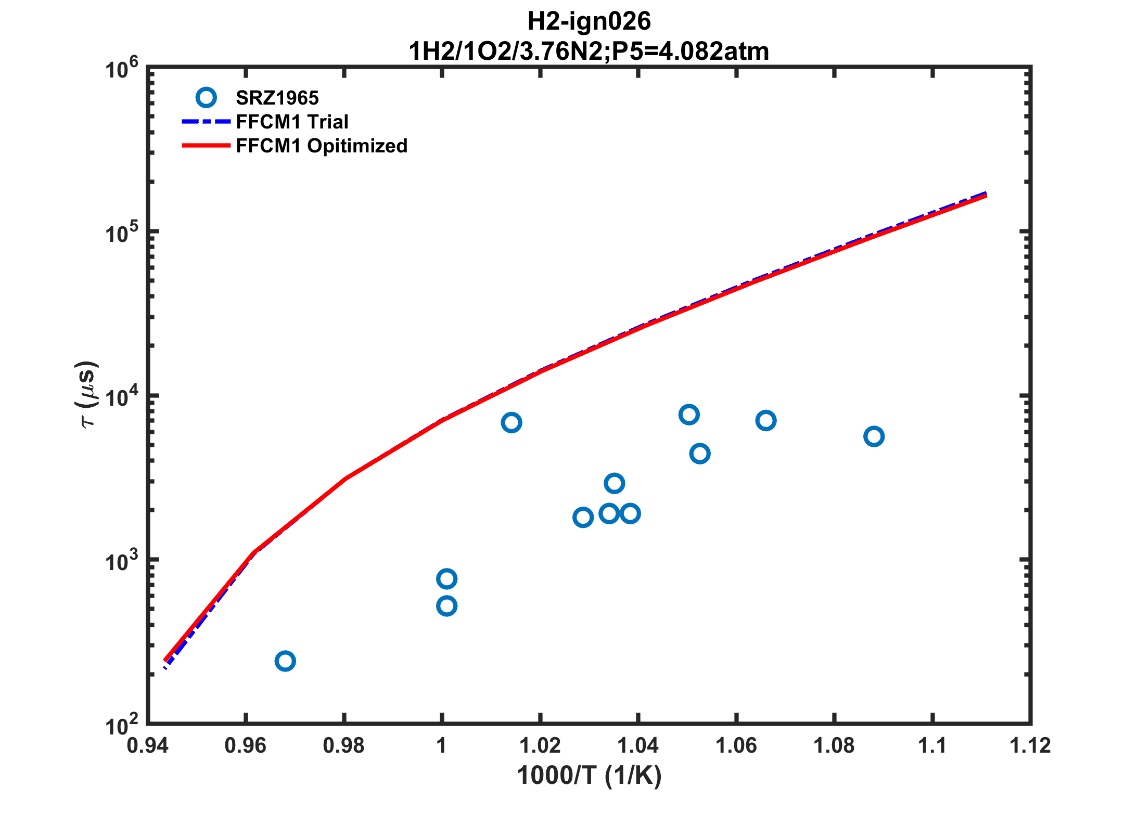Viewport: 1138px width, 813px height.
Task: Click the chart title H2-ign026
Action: coord(589,22)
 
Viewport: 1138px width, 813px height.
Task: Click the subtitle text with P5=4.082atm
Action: coord(589,51)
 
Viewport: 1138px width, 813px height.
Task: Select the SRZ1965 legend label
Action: coord(277,98)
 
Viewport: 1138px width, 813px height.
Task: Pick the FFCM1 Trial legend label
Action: coord(292,122)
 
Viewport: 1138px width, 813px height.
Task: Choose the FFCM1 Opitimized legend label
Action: coord(322,146)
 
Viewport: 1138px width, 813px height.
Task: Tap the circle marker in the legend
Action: coord(206,97)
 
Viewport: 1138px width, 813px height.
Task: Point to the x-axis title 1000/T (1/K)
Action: coord(589,776)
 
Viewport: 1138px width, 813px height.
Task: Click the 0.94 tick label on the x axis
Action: coord(147,746)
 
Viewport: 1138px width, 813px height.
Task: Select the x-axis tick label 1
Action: coord(442,746)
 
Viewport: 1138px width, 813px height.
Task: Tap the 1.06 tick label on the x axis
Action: coord(736,746)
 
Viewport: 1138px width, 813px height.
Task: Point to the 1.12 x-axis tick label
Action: coord(1030,746)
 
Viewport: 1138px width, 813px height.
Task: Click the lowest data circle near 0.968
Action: coord(285,661)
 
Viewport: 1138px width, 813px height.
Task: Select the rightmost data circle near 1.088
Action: coord(874,436)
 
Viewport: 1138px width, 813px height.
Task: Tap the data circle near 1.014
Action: coord(512,422)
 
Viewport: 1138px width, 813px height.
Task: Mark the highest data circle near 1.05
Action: coord(689,415)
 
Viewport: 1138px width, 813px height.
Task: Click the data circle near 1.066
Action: coord(766,420)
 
